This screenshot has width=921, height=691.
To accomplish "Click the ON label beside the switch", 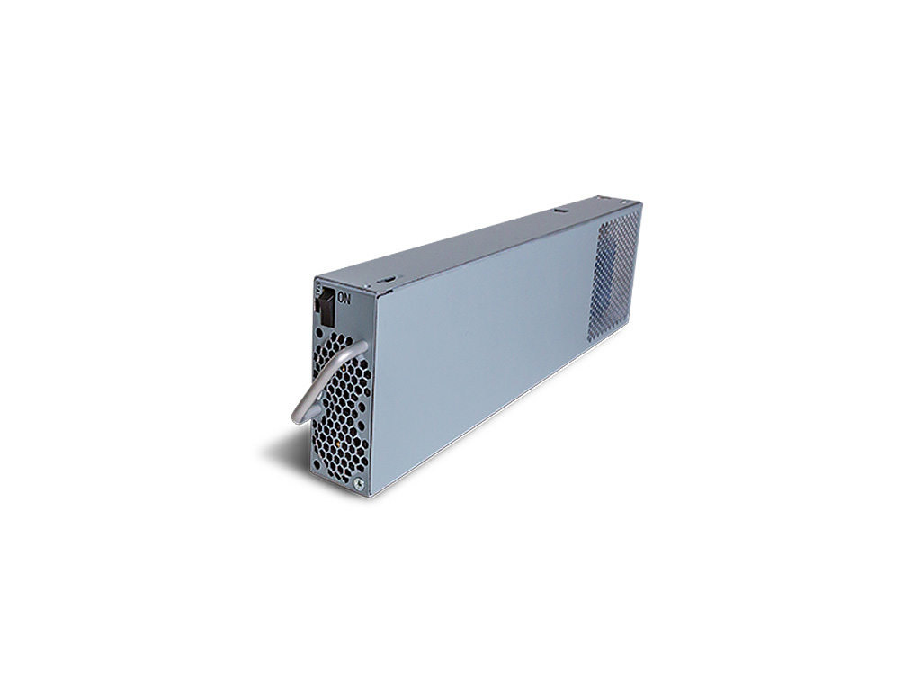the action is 344,299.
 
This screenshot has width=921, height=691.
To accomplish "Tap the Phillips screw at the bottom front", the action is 358,483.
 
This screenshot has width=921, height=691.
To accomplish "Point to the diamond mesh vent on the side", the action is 613,276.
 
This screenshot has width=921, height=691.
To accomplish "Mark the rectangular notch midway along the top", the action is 560,210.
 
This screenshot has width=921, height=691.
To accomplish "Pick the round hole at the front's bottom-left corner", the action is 317,464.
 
